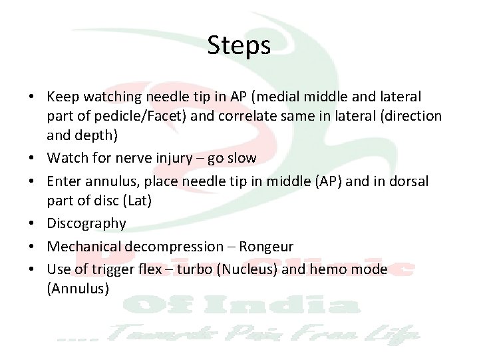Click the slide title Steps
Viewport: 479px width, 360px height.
tap(239, 45)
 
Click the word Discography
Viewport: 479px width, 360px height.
tap(86, 223)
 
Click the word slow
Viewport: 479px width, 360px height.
tap(241, 159)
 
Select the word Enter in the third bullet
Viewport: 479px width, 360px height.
tap(64, 181)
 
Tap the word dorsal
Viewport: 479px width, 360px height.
tap(410, 181)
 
